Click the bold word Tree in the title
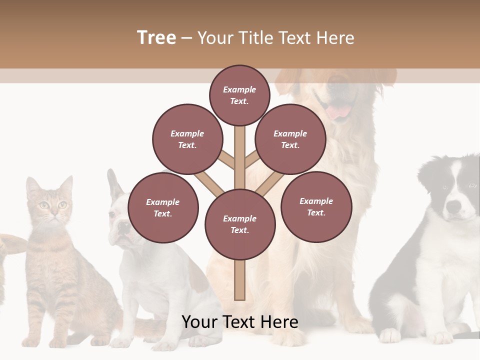click(x=156, y=38)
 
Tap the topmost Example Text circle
click(x=239, y=95)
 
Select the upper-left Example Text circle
click(x=187, y=139)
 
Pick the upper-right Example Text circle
click(x=290, y=139)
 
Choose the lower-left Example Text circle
click(x=163, y=207)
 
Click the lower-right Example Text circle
click(x=316, y=206)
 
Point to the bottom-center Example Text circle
click(x=240, y=224)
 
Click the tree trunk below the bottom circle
click(x=240, y=280)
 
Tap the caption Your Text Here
click(x=240, y=322)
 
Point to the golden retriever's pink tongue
click(x=339, y=111)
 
